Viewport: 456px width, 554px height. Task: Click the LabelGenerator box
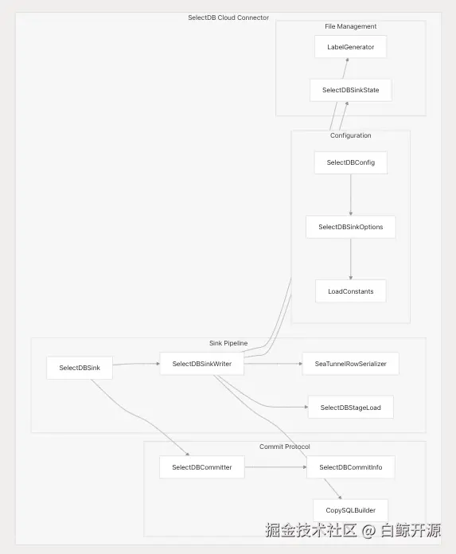(x=350, y=47)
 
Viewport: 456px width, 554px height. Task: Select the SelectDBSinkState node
(x=350, y=90)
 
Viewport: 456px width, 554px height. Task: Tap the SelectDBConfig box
(x=351, y=162)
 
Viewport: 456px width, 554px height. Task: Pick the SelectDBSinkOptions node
(x=351, y=227)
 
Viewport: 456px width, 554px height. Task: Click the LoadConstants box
(x=351, y=291)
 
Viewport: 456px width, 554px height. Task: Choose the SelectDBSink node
(x=80, y=368)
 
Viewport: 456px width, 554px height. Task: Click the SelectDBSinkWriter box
(x=201, y=364)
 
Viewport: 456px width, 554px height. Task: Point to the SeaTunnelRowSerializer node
(x=350, y=364)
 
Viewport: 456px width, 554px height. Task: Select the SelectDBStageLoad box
(x=351, y=408)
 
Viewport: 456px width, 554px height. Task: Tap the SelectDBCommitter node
(x=201, y=467)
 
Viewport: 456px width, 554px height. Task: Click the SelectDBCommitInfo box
(x=351, y=467)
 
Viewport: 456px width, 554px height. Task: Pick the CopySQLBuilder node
(x=351, y=510)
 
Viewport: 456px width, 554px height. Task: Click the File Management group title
(x=350, y=26)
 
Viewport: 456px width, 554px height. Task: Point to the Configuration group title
(x=350, y=135)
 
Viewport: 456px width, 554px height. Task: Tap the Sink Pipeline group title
(x=228, y=343)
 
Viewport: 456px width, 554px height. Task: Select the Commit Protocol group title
(x=284, y=447)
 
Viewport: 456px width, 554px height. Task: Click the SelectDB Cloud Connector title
(x=228, y=18)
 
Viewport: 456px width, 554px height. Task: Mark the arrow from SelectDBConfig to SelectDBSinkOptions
(x=351, y=195)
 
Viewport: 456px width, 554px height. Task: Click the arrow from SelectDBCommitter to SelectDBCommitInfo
(x=275, y=467)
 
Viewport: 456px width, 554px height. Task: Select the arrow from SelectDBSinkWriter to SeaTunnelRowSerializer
(x=273, y=364)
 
